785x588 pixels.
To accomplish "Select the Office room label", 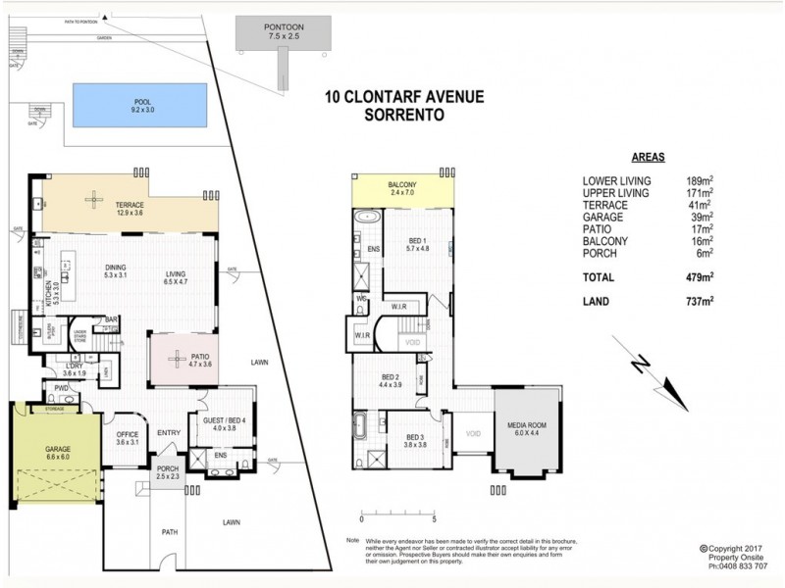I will click(125, 438).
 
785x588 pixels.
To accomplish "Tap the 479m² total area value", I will click(699, 278).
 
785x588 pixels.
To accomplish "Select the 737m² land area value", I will click(699, 302).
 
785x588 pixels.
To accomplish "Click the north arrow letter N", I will click(640, 365).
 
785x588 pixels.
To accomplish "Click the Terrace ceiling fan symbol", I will click(93, 200).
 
